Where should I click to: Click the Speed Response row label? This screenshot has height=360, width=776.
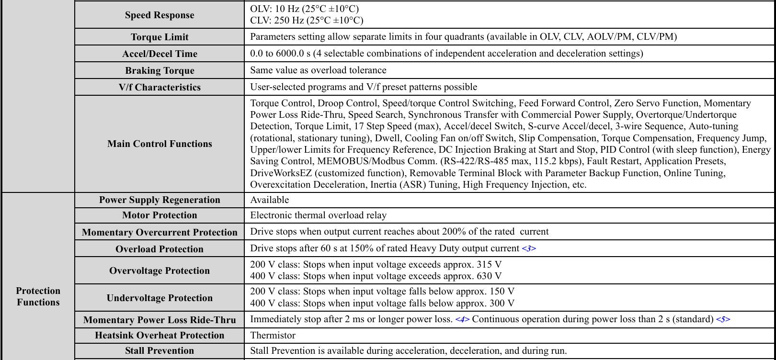pos(160,15)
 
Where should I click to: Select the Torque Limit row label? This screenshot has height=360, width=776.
pos(160,37)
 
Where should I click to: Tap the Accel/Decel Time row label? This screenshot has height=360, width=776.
pos(160,54)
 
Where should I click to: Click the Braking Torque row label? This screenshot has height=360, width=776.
pos(160,71)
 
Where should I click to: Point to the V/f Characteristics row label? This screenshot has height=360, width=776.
pos(160,88)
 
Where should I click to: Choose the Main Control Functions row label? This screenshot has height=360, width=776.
pos(160,144)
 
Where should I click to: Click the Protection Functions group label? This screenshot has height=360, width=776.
pos(38,296)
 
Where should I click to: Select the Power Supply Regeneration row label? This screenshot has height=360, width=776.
pos(160,200)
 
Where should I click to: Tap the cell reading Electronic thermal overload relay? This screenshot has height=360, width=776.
pos(318,215)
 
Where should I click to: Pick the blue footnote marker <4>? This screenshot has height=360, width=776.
pos(462,319)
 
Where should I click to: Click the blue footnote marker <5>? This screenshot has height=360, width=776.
pos(723,319)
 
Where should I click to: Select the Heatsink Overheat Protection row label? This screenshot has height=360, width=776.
pos(160,336)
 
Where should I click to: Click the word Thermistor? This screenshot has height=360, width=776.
pos(273,336)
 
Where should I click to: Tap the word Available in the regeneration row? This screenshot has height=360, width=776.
pos(270,200)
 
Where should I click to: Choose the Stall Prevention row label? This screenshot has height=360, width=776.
pos(160,351)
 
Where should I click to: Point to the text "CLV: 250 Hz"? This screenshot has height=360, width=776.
pos(275,21)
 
